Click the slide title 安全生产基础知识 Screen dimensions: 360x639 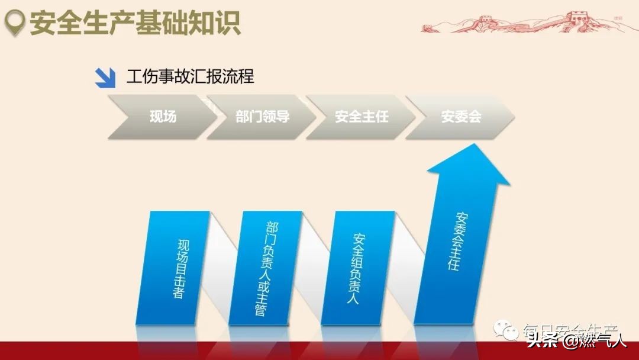135,24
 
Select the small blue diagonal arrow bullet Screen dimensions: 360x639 105,78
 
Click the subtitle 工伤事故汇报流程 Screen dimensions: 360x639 190,77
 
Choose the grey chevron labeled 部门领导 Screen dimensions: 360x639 260,117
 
